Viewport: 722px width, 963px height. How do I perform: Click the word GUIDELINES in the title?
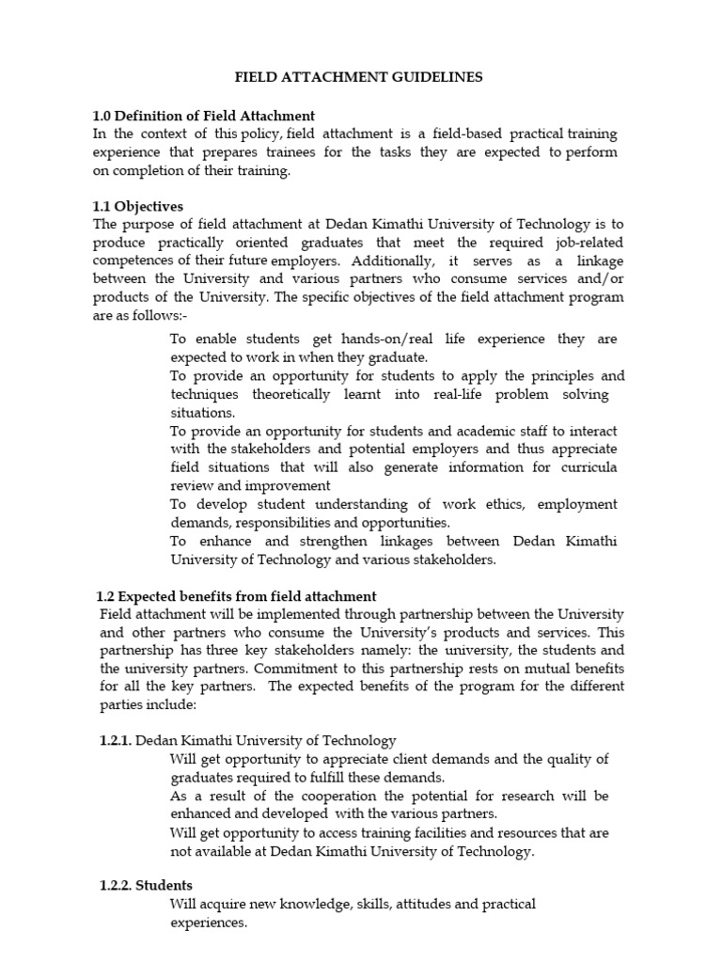tap(440, 77)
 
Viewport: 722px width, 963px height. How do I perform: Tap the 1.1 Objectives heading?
tap(138, 206)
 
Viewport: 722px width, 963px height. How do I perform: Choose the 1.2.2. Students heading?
tap(146, 885)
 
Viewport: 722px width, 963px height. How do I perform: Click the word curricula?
tap(589, 467)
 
